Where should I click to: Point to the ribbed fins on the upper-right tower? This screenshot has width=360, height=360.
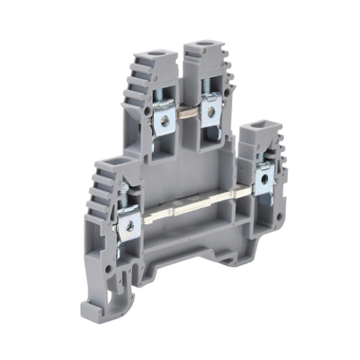coord(229,95)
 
